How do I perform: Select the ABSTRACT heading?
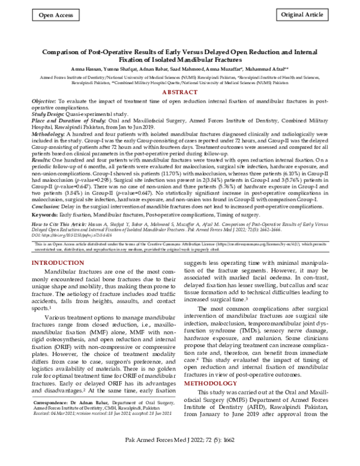[180, 92]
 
